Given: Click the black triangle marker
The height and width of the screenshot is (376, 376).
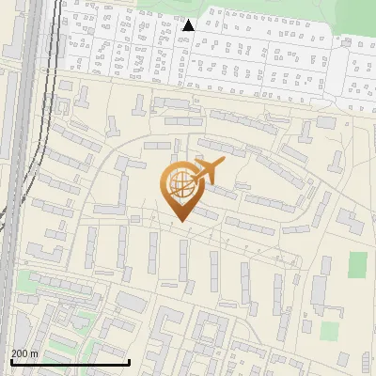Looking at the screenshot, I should click(x=188, y=25).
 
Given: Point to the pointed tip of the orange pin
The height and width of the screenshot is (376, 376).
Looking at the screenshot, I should click(x=180, y=221).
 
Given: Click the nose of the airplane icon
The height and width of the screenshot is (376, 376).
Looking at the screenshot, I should click(x=222, y=164).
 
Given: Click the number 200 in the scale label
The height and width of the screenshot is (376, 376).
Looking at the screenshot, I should click(x=20, y=353).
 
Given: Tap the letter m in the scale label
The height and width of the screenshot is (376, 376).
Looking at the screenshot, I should click(x=34, y=353).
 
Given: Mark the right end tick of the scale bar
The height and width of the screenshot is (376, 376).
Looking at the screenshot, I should click(x=129, y=362).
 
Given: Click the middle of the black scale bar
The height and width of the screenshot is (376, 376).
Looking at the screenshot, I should click(x=69, y=363).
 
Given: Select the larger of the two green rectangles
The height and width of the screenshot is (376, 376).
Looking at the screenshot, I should click(x=357, y=265).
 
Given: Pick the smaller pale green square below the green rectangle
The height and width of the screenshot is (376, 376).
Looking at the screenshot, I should click(x=328, y=331).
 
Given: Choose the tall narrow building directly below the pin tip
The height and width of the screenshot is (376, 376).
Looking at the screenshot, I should click(x=184, y=258).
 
